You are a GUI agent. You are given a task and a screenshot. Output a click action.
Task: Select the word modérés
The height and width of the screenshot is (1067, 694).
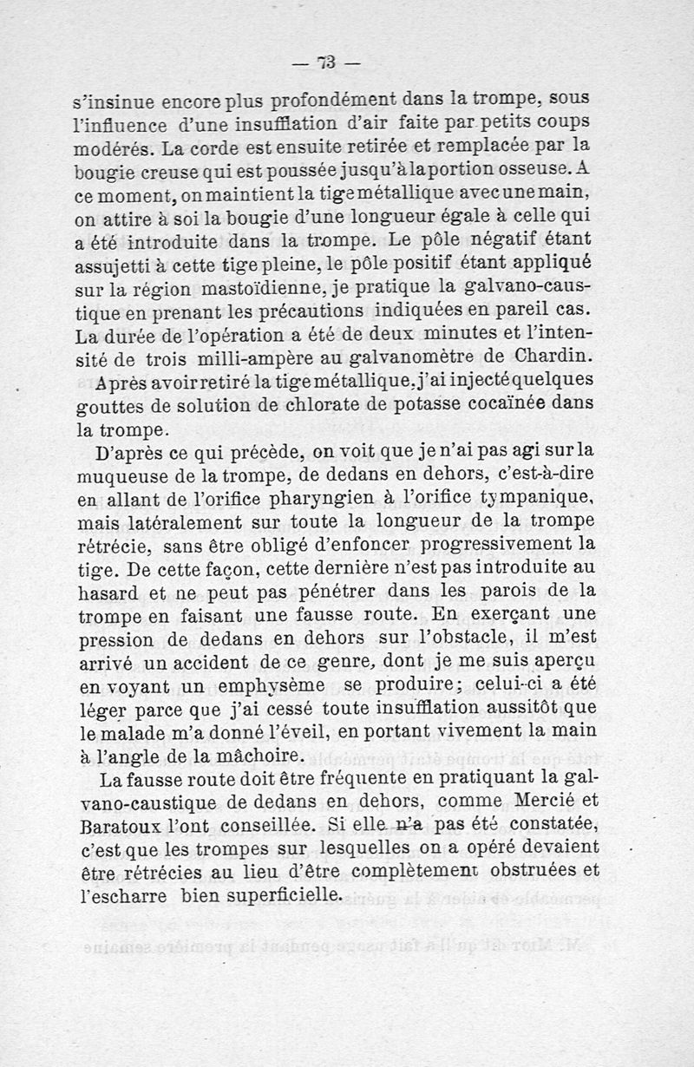pyautogui.click(x=108, y=144)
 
